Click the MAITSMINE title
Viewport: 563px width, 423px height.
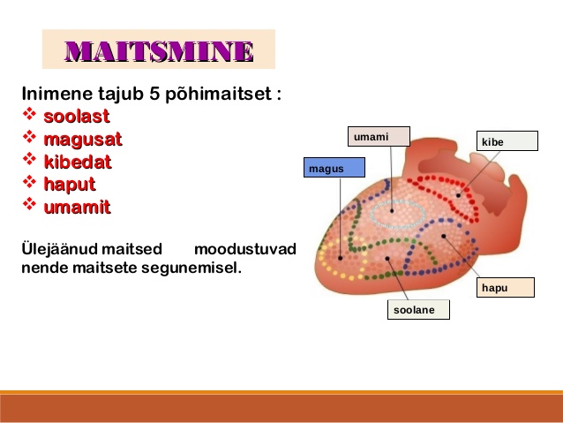tap(160, 51)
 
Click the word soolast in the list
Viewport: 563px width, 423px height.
tap(77, 116)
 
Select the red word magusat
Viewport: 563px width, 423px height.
tap(83, 140)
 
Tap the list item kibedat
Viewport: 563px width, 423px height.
tap(78, 162)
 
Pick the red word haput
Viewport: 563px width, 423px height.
tap(70, 185)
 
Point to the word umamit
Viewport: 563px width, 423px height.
tap(77, 208)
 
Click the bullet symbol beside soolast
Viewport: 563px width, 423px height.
tap(29, 114)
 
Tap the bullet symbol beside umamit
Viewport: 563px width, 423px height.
tap(29, 204)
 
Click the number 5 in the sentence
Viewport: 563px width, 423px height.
tap(154, 94)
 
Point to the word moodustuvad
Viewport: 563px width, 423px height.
tap(245, 249)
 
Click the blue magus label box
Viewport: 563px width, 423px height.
tap(334, 168)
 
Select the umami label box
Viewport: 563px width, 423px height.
tap(379, 137)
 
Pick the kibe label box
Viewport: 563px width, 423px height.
tap(507, 141)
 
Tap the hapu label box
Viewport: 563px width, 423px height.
tap(505, 288)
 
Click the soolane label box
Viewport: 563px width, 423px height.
tap(418, 309)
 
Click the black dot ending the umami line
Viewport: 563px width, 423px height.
tap(392, 211)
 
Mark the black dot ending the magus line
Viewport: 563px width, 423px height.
tap(340, 258)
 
